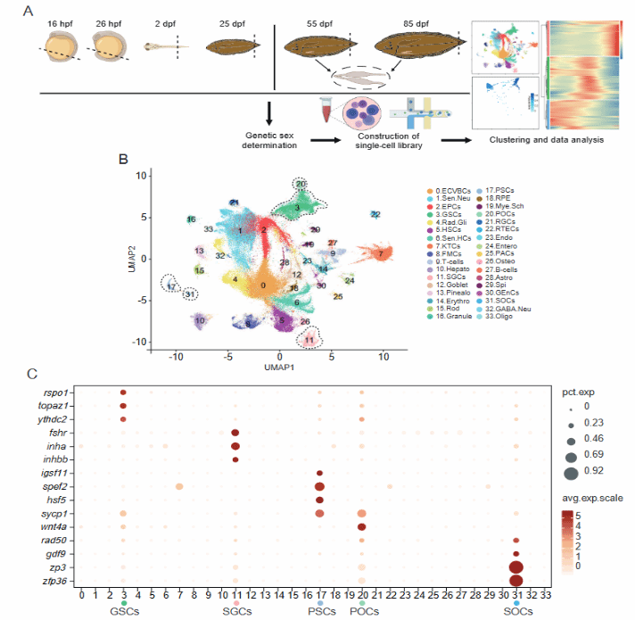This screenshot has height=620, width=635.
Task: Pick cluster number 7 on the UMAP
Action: point(381,254)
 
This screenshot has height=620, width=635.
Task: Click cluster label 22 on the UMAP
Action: point(376,214)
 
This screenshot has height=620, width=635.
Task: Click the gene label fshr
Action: point(53,433)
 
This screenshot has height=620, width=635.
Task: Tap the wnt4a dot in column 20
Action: point(361,527)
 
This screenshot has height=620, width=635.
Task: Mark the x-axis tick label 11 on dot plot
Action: point(235,594)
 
